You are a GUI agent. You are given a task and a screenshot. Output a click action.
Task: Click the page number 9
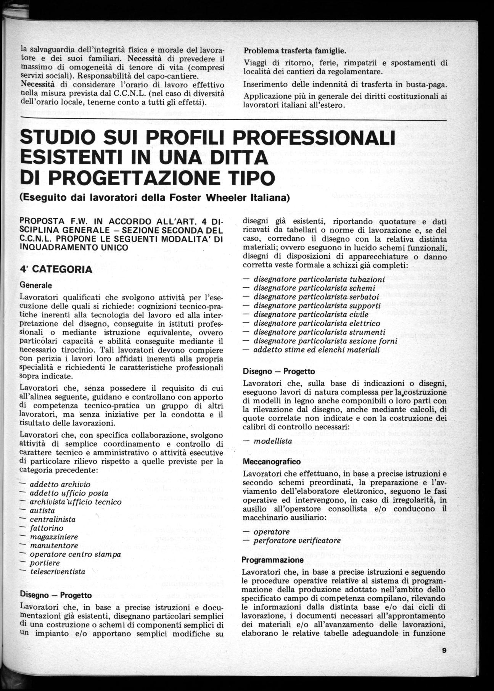[x=444, y=651]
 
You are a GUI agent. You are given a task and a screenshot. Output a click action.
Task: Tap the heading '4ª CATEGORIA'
[x=56, y=269]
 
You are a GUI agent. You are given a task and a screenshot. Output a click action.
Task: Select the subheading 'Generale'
[x=35, y=285]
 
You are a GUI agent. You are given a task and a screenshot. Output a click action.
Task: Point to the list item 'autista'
[x=42, y=511]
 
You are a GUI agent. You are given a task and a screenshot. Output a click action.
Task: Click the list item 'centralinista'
[x=53, y=519]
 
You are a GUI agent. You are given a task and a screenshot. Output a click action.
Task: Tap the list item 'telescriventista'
[x=58, y=572]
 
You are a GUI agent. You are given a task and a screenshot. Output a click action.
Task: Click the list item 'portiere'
[x=45, y=563]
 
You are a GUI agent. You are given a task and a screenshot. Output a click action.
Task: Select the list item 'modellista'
[x=273, y=441]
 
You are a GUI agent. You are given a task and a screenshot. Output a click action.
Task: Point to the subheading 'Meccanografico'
[x=272, y=461]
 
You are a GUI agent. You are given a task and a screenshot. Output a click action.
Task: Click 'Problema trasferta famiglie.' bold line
[x=294, y=50]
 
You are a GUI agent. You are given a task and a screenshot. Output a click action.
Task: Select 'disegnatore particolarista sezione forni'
[x=325, y=341]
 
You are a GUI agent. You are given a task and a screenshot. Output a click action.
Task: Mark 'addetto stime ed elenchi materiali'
[x=316, y=350]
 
